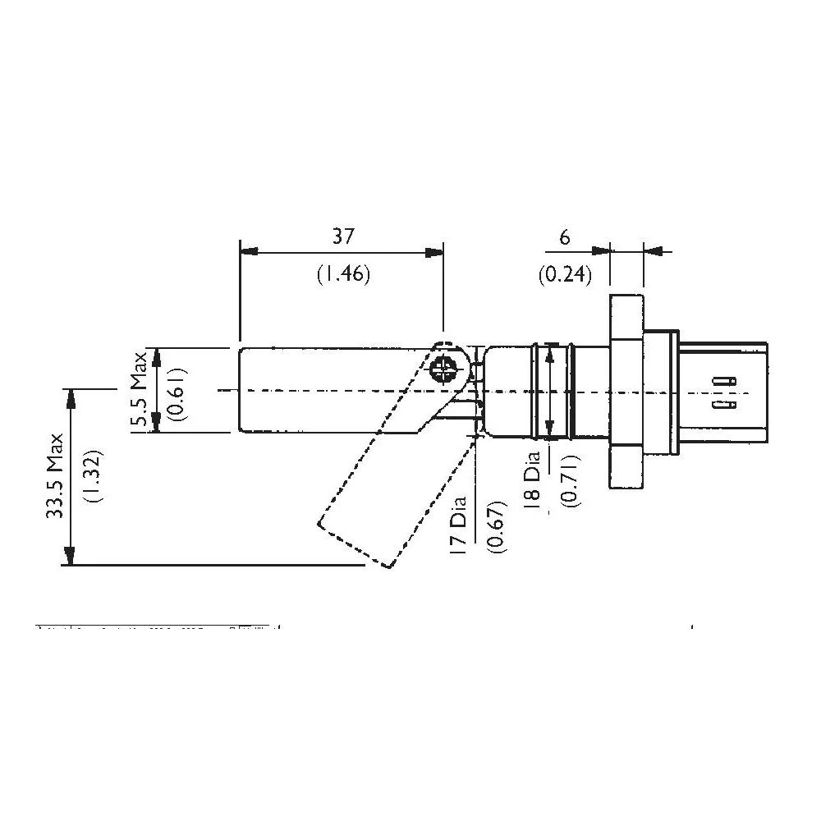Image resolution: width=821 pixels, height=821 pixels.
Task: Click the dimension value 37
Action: point(343,236)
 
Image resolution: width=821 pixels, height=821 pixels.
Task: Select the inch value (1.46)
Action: point(343,275)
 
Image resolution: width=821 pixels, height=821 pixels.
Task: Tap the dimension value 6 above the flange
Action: point(564,237)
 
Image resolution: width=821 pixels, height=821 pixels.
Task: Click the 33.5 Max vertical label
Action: point(55,475)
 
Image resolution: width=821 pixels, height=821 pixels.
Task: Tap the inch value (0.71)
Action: point(566,482)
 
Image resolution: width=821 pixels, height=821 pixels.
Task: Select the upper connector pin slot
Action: point(722,381)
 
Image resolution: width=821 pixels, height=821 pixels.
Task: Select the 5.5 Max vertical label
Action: point(140,391)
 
